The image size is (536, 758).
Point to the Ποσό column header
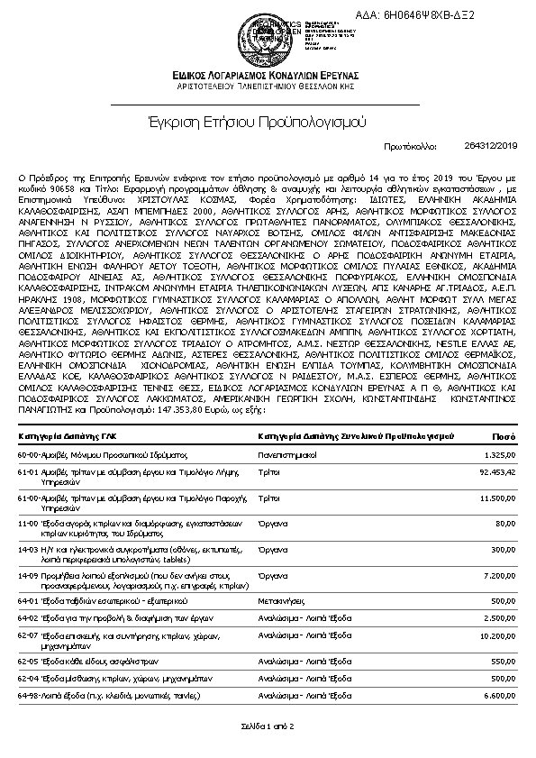coord(503,436)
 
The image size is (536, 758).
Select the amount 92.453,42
coord(496,471)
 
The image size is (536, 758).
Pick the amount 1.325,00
coord(500,455)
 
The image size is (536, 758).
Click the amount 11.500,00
coord(496,497)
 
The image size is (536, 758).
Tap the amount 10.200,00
coord(496,635)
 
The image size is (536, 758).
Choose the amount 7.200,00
coord(499,574)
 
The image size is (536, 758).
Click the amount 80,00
coord(505,523)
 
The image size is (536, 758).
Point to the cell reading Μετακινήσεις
coord(283,599)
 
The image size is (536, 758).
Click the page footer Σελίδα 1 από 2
coord(268,726)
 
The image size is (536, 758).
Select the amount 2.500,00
coord(499,617)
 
